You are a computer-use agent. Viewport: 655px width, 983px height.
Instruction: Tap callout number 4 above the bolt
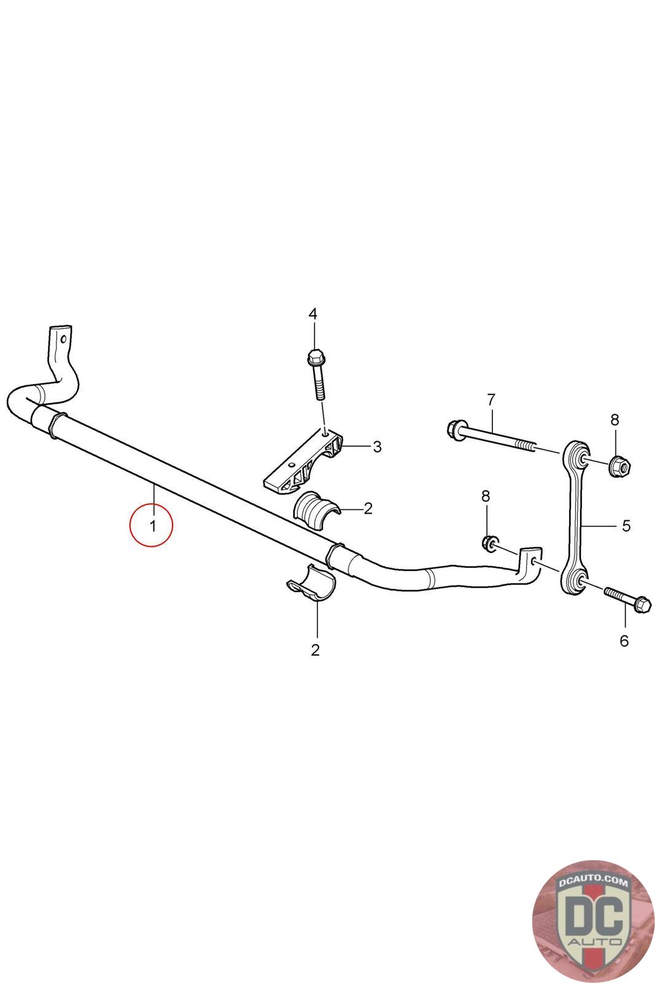(x=313, y=314)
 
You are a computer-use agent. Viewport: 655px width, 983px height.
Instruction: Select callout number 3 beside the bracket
(x=377, y=447)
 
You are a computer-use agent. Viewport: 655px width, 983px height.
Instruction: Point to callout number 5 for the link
(x=626, y=525)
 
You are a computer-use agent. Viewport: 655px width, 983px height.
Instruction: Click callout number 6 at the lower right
(x=624, y=641)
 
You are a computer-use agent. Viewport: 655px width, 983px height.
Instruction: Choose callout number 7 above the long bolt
(x=490, y=400)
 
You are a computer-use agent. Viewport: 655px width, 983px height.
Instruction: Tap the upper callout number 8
(x=614, y=420)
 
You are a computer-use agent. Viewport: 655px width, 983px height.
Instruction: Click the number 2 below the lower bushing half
(x=316, y=650)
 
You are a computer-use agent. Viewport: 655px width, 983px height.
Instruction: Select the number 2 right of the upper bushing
(x=368, y=508)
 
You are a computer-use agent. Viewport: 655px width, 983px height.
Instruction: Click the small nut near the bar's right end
(x=489, y=542)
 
